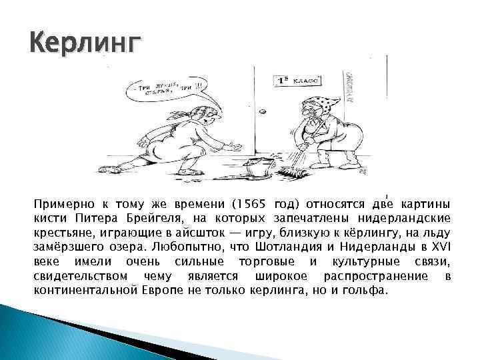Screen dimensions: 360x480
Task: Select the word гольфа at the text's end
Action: tap(365, 291)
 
